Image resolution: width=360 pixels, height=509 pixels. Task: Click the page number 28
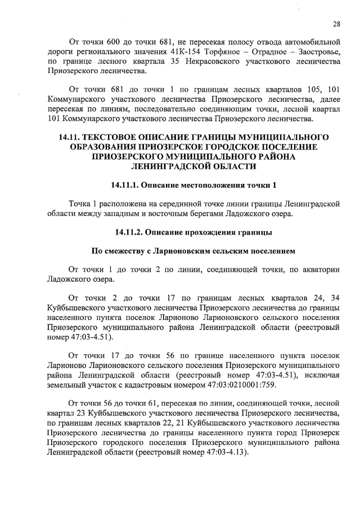(336, 24)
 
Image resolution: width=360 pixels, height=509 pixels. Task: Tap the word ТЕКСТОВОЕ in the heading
(116, 137)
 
